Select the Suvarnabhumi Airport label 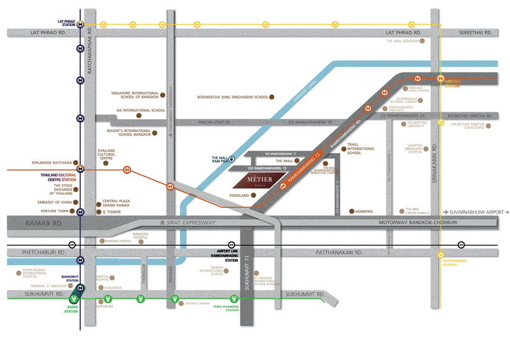(x=480, y=212)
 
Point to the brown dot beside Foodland (x=254, y=196)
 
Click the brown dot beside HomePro (x=351, y=211)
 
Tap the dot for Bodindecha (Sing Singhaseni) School (x=271, y=97)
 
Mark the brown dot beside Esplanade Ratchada (x=76, y=162)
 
